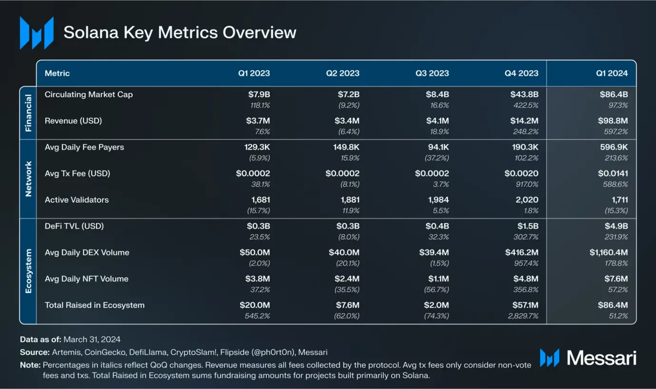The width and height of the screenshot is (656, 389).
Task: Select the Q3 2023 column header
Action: [x=432, y=73]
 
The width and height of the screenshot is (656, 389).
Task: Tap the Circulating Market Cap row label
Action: [x=88, y=95]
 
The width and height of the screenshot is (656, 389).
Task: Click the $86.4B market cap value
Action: [x=614, y=95]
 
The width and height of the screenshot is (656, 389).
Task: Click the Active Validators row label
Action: [x=77, y=200]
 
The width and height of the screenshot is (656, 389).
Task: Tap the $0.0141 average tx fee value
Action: [x=613, y=174]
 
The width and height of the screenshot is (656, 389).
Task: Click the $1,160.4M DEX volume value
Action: [x=608, y=253]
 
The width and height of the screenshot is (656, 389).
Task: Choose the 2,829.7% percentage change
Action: [x=521, y=316]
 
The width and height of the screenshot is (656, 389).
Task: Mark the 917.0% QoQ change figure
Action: [x=526, y=184]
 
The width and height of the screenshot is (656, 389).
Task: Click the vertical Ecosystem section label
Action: [x=28, y=271]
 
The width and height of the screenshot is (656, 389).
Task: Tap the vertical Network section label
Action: [x=28, y=179]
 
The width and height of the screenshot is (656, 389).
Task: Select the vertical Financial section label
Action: [x=28, y=113]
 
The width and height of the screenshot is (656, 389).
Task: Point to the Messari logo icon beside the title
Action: [x=37, y=33]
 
